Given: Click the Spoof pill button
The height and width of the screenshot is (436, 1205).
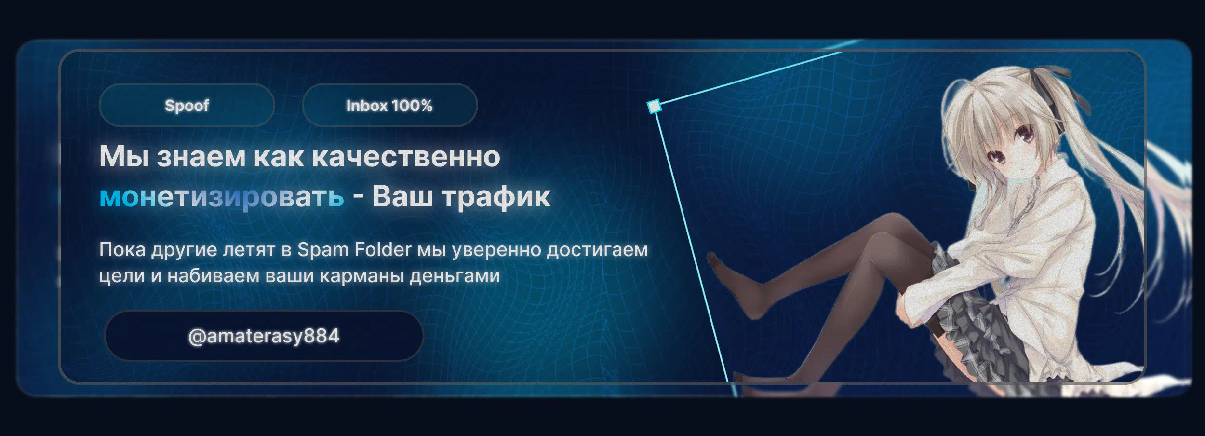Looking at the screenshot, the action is click(187, 105).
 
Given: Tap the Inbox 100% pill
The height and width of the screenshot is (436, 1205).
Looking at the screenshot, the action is click(389, 105).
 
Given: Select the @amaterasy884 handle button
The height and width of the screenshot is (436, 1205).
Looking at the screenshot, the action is click(264, 336).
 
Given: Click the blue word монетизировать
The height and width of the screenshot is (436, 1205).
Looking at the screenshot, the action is click(222, 197).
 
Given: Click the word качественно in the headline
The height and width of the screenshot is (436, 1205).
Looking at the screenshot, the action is click(406, 157).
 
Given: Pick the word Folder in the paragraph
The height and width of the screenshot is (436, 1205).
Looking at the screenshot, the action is click(383, 249).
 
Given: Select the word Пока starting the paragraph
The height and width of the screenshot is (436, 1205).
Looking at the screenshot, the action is click(122, 250).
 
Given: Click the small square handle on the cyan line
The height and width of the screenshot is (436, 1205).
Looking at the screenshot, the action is click(654, 106).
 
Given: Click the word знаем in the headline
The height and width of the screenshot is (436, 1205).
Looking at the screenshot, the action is click(201, 157).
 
